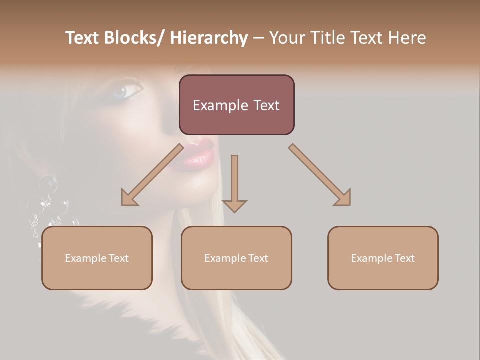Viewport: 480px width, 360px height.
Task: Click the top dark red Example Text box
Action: tap(236, 105)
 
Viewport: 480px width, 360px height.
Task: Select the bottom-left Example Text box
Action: tap(97, 258)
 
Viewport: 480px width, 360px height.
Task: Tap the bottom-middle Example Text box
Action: tap(236, 258)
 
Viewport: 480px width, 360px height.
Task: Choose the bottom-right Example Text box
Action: tap(383, 258)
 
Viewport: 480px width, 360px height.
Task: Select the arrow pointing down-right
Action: tap(320, 175)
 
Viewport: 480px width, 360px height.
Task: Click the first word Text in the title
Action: tap(82, 38)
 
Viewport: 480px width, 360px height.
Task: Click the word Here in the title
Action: tap(407, 38)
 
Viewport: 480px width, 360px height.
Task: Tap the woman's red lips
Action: tap(198, 154)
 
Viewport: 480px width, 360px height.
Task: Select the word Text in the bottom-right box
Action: tap(404, 258)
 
